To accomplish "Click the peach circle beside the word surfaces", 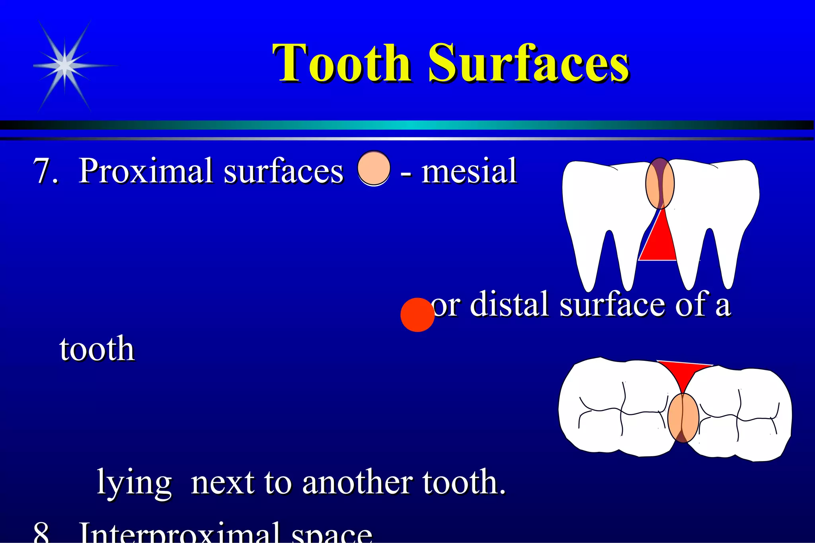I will (374, 168).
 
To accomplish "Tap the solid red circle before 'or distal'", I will (417, 315).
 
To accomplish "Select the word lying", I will (135, 483).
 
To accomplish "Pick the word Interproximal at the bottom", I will (179, 532).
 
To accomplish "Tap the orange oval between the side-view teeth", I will (660, 183).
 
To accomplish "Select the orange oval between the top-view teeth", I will (683, 418).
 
